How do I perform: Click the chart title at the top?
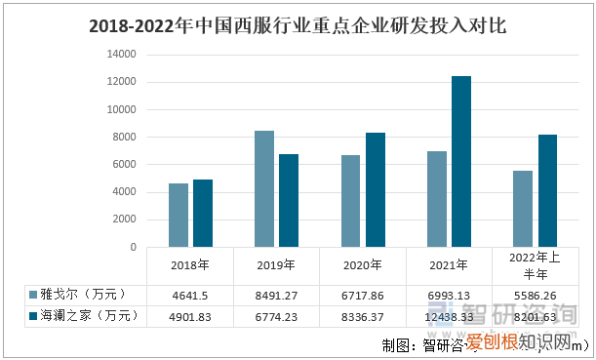tap(297, 23)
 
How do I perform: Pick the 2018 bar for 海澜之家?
tap(202, 213)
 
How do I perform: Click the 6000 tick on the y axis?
tap(124, 165)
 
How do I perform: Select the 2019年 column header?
tap(276, 264)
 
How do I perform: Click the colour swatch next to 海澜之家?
tap(33, 316)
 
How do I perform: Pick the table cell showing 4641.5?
tap(190, 295)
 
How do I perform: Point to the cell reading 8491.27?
tap(276, 295)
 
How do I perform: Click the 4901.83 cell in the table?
tap(190, 316)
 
